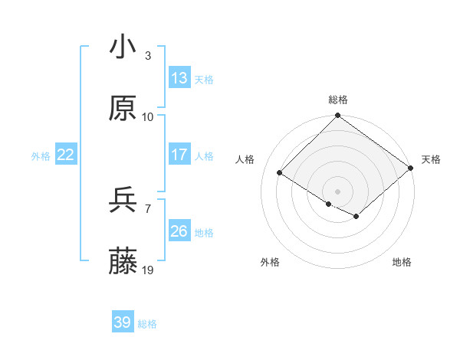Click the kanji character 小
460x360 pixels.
click(123, 47)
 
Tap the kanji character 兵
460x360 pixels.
click(123, 201)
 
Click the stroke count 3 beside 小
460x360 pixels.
click(148, 56)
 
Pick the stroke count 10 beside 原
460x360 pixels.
click(148, 117)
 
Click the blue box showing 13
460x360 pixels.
click(179, 78)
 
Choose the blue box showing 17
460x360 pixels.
click(179, 155)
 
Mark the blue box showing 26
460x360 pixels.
click(179, 231)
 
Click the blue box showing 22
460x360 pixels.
click(66, 155)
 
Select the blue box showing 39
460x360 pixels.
click(123, 322)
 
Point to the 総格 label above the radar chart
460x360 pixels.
click(338, 100)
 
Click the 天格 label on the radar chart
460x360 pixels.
click(431, 159)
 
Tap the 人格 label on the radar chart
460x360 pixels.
click(245, 159)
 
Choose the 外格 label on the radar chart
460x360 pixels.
click(269, 262)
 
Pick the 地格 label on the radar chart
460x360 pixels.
click(402, 262)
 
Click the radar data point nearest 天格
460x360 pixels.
click(410, 169)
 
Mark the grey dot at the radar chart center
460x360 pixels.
click(337, 191)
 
